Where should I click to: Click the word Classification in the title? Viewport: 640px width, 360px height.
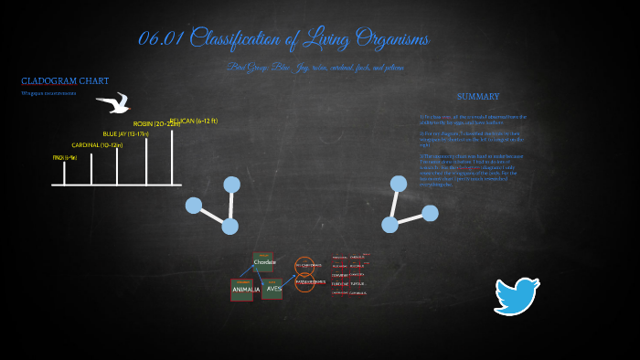[x=248, y=39]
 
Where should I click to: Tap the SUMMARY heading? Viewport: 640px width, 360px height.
[x=477, y=96]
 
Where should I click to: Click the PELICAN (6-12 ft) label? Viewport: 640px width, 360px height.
[x=193, y=121]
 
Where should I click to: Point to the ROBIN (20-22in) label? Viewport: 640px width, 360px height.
[x=156, y=123]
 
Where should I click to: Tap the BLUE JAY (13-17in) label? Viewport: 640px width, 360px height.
[x=125, y=134]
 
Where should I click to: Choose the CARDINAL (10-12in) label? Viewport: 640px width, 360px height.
[x=97, y=145]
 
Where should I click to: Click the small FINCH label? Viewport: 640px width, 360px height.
[x=65, y=157]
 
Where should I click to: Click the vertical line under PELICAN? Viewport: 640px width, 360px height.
[x=172, y=157]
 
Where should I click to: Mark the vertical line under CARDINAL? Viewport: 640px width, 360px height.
[x=117, y=166]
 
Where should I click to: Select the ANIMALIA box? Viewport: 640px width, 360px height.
[x=245, y=290]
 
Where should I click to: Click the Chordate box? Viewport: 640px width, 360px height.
[x=264, y=262]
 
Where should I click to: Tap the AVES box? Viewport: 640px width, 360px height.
[x=273, y=289]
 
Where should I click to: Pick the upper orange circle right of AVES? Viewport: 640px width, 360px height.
[x=304, y=265]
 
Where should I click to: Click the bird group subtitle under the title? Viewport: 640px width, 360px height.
[x=315, y=68]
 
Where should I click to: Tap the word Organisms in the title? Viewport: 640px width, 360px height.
[x=385, y=39]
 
